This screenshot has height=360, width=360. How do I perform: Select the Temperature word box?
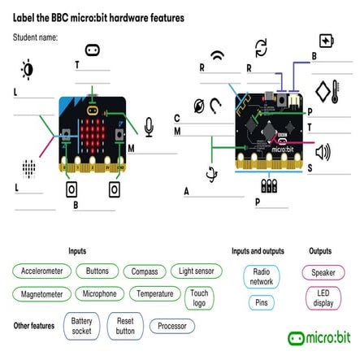(x=154, y=293)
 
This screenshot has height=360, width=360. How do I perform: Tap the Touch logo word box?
(x=198, y=297)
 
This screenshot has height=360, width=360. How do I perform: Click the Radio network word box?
(x=261, y=276)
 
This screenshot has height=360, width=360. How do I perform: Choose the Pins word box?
(x=261, y=302)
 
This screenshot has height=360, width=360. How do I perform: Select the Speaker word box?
(x=323, y=272)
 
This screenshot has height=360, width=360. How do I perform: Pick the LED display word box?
(x=323, y=298)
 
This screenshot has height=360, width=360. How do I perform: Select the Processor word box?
(x=171, y=326)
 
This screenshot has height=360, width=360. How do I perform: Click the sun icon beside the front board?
(x=28, y=71)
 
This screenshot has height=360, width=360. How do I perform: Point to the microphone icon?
(x=149, y=126)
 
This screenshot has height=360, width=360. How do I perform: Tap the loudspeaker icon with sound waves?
(x=323, y=152)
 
